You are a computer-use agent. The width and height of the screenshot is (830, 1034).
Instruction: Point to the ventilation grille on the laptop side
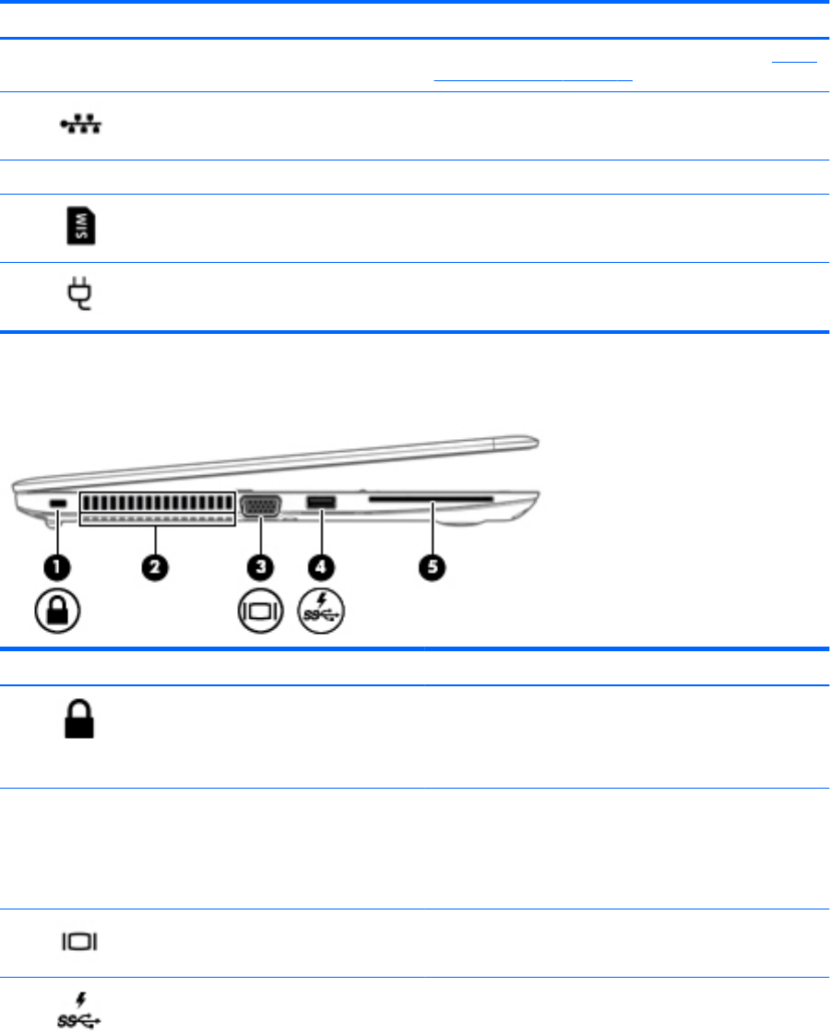tap(157, 506)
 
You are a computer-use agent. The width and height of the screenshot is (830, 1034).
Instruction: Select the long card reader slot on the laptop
tap(430, 501)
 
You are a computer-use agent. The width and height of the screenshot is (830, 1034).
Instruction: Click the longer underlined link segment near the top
tap(534, 78)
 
